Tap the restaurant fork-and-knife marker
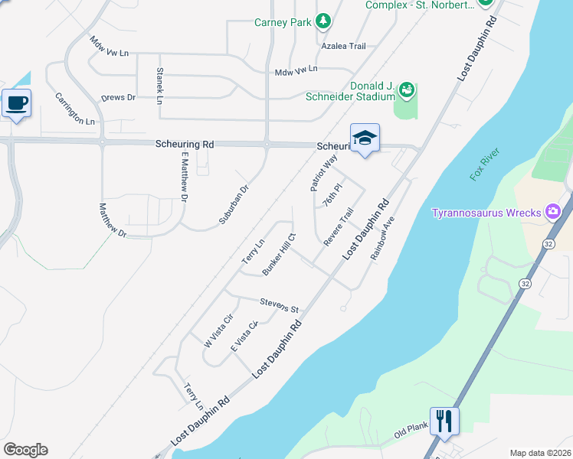444,420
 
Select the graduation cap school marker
365,138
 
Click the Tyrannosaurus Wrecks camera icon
552,212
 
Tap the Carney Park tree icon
323,21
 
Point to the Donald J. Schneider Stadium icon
407,91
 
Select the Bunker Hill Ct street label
279,256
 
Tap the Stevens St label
278,304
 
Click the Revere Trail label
338,227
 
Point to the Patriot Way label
324,172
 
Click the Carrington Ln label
74,109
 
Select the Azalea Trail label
344,46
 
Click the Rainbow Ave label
382,237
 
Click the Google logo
25,450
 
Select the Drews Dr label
118,98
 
